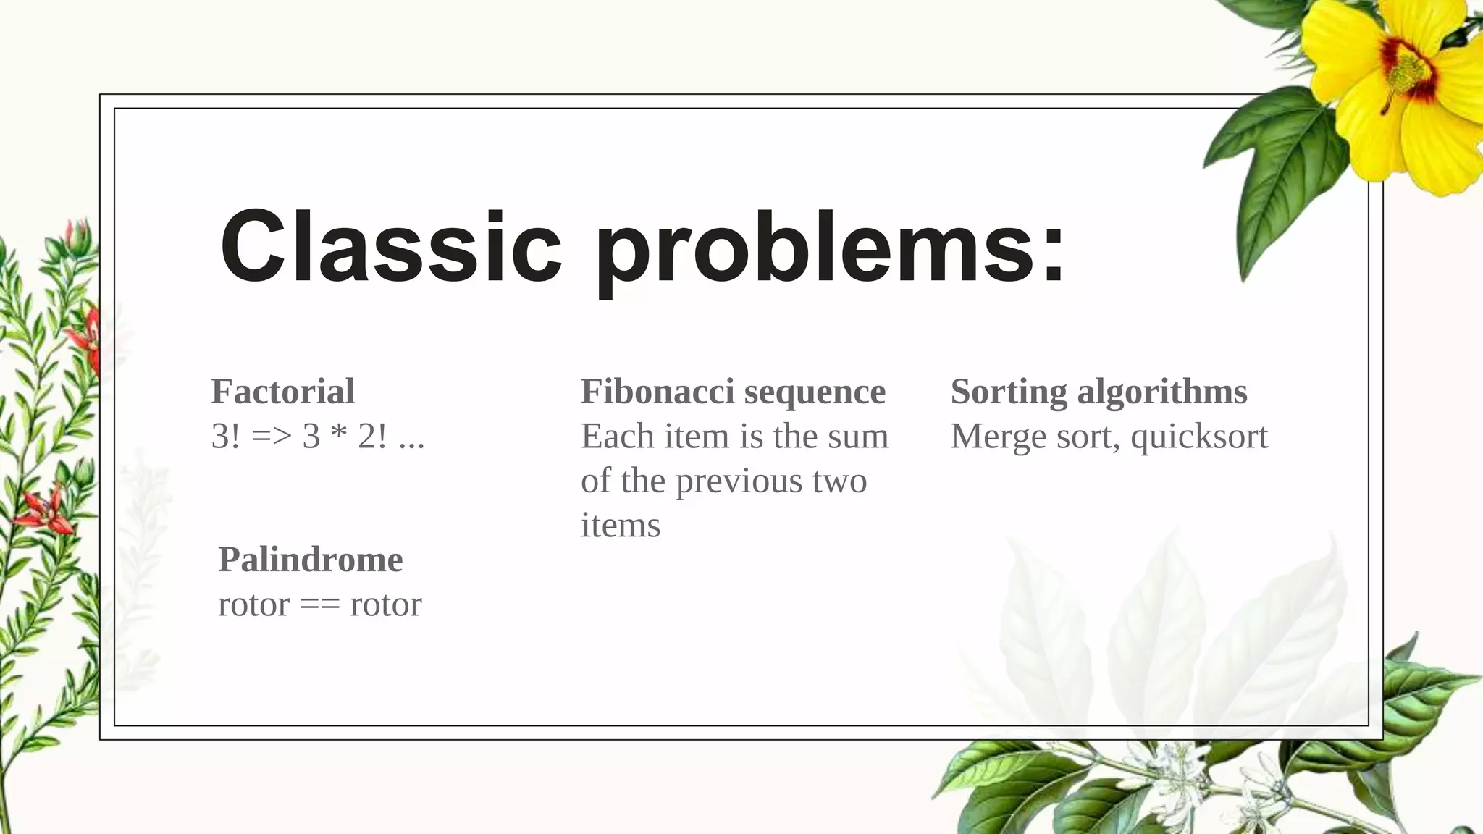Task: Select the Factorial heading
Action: click(282, 392)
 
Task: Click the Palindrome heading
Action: click(310, 560)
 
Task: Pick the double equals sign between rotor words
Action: click(319, 605)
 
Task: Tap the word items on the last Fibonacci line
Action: click(621, 526)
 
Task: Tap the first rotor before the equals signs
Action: click(253, 605)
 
